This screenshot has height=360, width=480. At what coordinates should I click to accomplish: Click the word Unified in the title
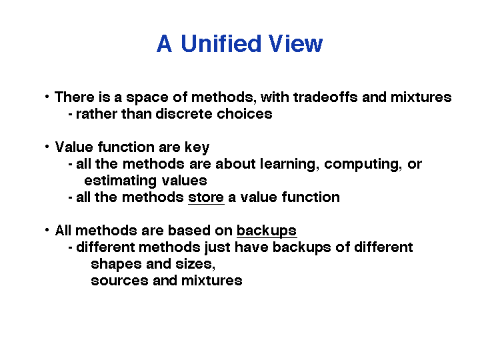[221, 43]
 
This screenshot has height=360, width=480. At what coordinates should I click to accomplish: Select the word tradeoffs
[325, 97]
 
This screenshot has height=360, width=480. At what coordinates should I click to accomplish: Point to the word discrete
[184, 114]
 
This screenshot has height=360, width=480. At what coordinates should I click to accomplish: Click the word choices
[245, 114]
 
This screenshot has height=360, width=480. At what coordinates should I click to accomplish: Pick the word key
[197, 147]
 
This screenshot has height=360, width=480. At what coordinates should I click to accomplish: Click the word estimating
[120, 181]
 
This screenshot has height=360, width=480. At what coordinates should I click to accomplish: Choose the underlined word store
[206, 197]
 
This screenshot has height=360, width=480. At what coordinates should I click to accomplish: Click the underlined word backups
[267, 231]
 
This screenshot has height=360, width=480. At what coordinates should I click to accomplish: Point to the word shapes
[116, 265]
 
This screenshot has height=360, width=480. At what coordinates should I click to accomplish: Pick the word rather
[97, 114]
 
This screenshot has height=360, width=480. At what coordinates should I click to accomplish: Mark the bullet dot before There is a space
[47, 97]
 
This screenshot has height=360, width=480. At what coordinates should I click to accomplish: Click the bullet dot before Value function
[47, 147]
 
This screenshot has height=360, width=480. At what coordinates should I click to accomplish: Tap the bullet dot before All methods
[47, 230]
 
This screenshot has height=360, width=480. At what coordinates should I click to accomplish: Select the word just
[217, 248]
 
